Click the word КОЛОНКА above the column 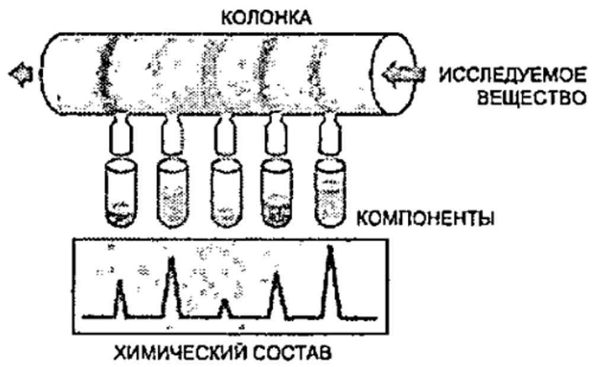(266, 17)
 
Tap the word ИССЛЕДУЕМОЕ (513, 76)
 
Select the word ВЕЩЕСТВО (532, 98)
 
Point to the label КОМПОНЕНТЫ (426, 218)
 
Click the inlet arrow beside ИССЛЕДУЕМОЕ (404, 73)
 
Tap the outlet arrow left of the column (21, 75)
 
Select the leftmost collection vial (121, 193)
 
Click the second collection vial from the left (173, 193)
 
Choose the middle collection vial (226, 193)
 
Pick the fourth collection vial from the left (276, 193)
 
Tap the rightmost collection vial (330, 193)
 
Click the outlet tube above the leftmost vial (121, 134)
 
